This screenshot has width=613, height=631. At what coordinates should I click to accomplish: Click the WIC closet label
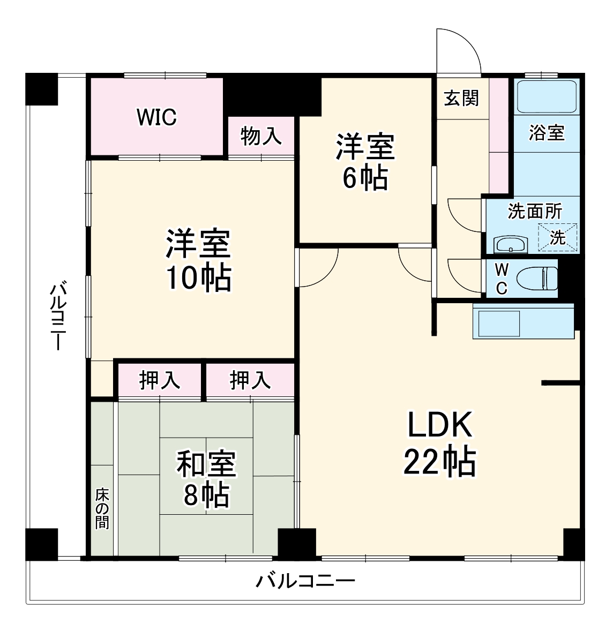[x=156, y=117]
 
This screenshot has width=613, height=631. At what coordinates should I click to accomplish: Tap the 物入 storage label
[x=261, y=136]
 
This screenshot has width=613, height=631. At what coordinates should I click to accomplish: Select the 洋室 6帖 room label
[x=365, y=162]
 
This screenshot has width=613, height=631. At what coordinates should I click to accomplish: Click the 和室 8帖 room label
[x=206, y=479]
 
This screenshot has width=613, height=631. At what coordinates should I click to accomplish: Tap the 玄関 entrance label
[x=461, y=98]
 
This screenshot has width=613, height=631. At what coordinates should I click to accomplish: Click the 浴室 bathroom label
[x=547, y=132]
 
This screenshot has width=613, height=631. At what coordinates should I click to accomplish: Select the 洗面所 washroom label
[x=534, y=211]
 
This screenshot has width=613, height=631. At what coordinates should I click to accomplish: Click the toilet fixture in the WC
[x=536, y=278]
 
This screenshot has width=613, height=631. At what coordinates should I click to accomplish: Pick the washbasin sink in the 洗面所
[x=511, y=245]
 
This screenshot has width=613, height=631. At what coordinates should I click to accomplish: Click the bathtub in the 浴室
[x=547, y=95]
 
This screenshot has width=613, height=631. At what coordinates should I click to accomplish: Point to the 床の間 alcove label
[x=101, y=508]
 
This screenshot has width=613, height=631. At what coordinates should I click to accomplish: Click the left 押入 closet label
[x=159, y=380]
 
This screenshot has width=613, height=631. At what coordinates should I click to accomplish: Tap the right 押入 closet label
[x=250, y=380]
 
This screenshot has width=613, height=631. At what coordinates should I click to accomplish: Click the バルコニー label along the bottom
[x=305, y=581]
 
